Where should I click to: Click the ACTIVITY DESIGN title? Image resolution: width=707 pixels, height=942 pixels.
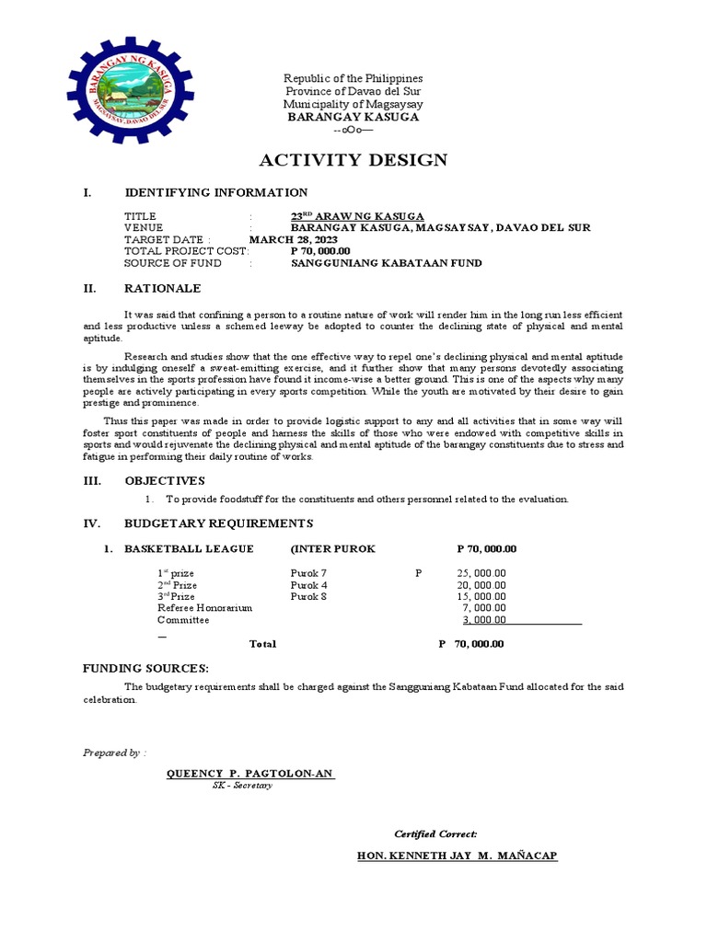(353, 160)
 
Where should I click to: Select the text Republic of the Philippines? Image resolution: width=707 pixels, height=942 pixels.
(353, 78)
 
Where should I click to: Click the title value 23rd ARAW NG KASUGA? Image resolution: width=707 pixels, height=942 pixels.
(357, 215)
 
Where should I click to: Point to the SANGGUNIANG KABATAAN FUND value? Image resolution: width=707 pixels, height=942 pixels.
(386, 263)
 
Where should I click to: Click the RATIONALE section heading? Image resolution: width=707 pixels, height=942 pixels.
(162, 288)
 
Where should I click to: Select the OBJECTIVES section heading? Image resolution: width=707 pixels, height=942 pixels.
(165, 480)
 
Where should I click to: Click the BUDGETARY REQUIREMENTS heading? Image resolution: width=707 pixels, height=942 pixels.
(219, 523)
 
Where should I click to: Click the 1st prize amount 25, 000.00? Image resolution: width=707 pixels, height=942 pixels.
(481, 572)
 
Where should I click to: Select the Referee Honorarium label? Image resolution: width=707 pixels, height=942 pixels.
(204, 608)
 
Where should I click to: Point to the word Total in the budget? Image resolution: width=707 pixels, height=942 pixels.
(262, 644)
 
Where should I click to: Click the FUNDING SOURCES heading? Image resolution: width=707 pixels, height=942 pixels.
(145, 668)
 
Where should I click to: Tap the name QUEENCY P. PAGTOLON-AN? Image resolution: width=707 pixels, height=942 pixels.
(249, 774)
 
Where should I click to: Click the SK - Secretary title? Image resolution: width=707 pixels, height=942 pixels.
(242, 786)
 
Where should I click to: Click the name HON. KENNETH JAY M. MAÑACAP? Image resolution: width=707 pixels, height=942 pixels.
(457, 856)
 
